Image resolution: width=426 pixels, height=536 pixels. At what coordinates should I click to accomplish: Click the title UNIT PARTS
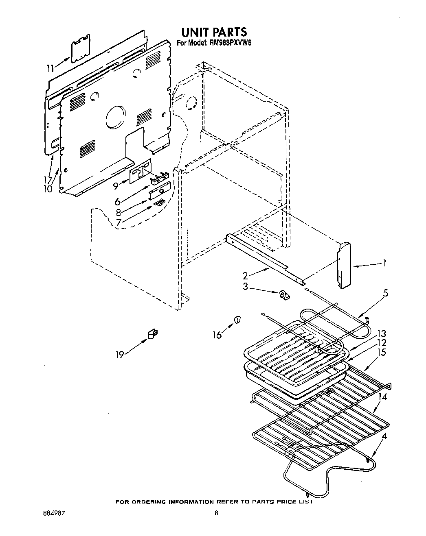214,32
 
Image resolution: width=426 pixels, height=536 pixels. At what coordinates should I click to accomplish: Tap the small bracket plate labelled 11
81,48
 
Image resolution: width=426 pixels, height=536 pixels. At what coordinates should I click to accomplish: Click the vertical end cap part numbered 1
344,265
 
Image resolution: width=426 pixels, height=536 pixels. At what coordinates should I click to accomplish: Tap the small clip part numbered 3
283,296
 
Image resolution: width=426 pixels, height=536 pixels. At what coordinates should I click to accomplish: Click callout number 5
385,292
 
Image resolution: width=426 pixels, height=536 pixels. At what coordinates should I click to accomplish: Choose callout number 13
381,334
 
